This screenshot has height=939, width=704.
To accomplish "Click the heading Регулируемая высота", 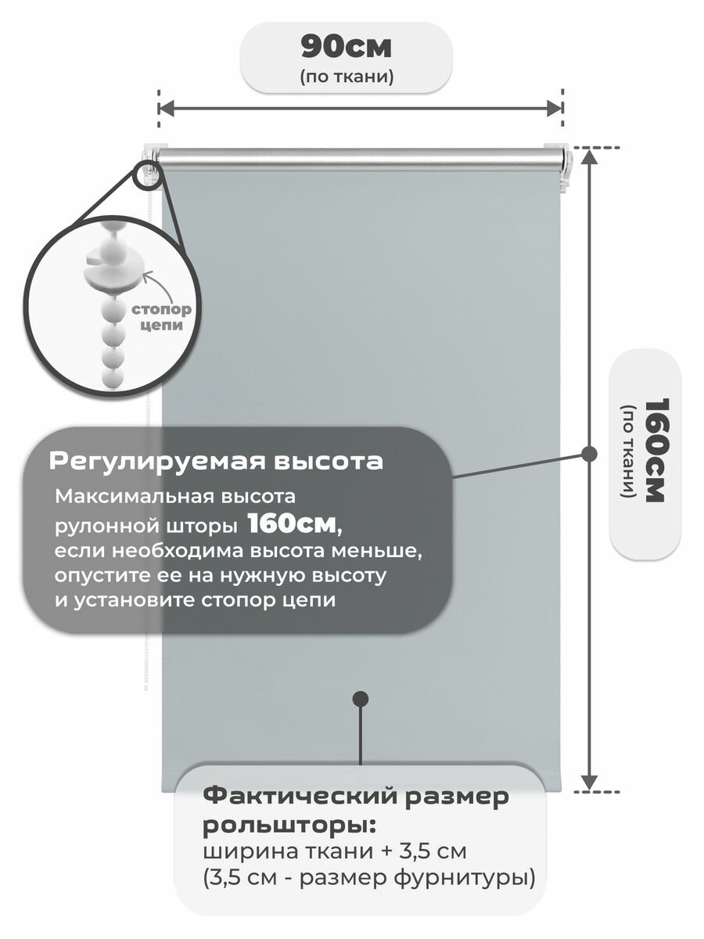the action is tap(216, 462).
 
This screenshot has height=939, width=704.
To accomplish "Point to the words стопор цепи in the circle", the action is tap(164, 316).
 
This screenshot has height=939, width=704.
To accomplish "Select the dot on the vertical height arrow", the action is tap(591, 453).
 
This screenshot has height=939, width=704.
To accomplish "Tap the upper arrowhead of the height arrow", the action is tap(591, 156).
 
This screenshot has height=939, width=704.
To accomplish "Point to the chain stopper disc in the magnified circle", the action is tap(110, 270).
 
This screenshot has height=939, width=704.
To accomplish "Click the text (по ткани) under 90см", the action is tap(346, 77).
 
